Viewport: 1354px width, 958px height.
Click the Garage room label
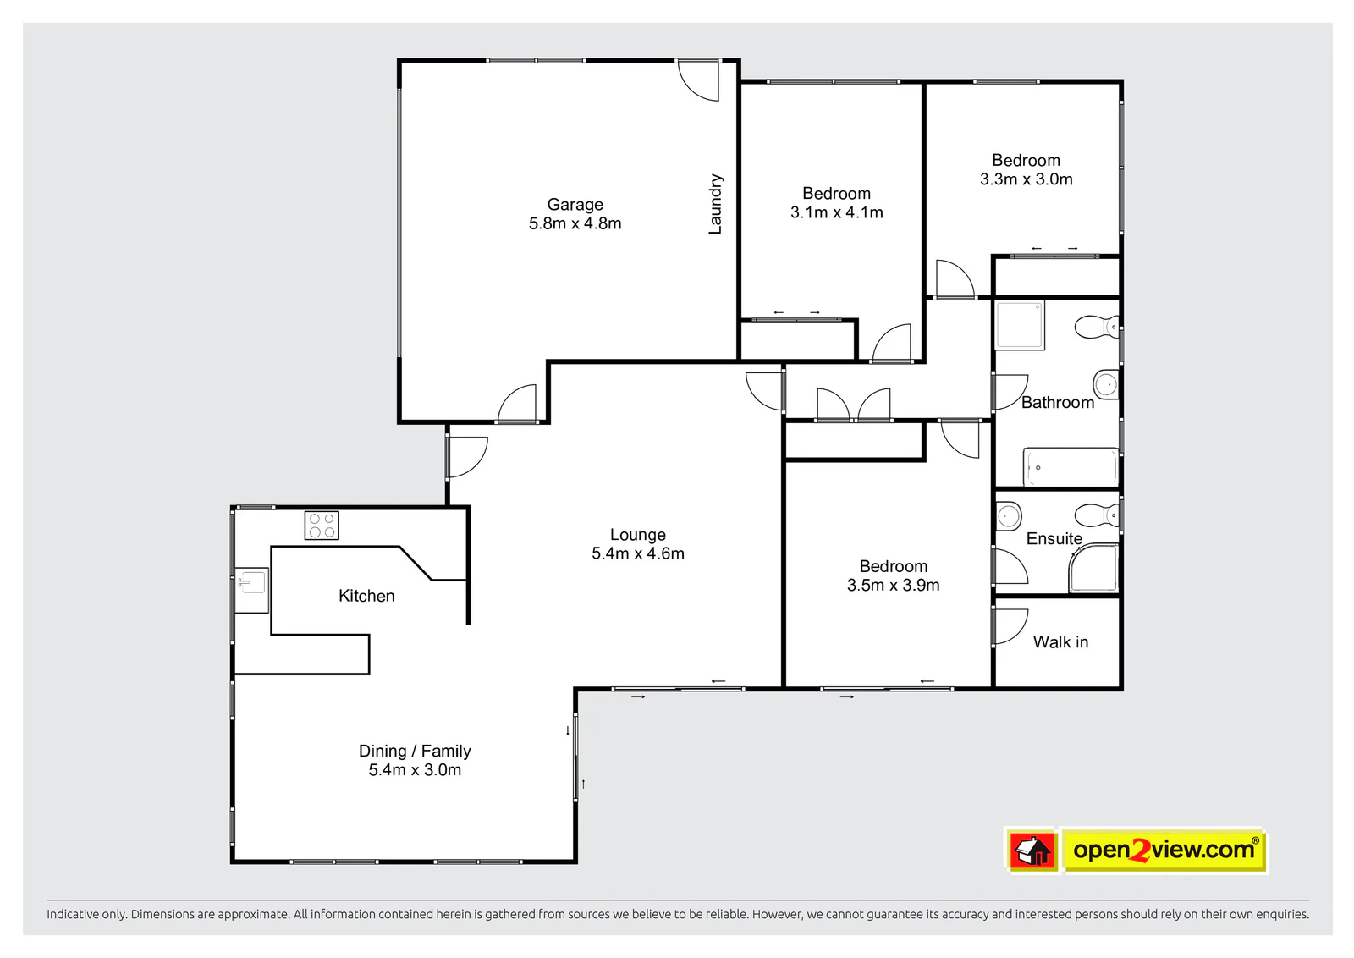[x=575, y=204]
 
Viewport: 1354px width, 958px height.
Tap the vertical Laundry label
[x=715, y=204]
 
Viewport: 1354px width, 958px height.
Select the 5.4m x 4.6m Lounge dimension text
[x=638, y=553]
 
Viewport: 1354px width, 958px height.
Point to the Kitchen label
[x=366, y=596]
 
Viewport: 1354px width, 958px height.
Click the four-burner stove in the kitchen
[x=322, y=526]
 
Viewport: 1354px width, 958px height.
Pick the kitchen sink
[x=251, y=590]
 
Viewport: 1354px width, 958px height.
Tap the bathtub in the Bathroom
[x=1071, y=467]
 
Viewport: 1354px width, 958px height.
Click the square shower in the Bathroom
[x=1020, y=325]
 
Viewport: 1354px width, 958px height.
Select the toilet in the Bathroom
[x=1097, y=327]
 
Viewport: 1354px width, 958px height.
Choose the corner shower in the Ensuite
[x=1093, y=568]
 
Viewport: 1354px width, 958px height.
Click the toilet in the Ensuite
[x=1097, y=515]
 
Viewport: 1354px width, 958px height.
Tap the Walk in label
[x=1060, y=641]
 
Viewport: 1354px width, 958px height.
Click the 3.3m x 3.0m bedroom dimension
[x=1027, y=179]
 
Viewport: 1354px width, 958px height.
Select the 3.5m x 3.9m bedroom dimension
[x=893, y=585]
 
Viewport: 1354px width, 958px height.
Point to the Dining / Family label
[x=415, y=751]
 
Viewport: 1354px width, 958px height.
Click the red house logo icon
[x=1033, y=851]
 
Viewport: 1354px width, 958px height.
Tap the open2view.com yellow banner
[x=1164, y=850]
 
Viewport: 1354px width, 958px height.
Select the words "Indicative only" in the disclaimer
[x=86, y=914]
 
